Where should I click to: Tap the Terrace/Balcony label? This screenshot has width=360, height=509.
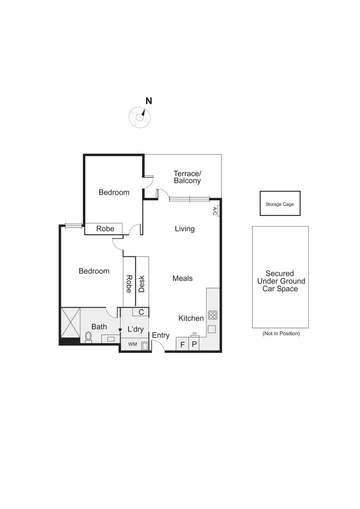click(187, 177)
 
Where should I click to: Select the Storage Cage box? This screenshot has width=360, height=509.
click(280, 204)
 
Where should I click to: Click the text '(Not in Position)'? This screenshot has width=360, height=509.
click(281, 333)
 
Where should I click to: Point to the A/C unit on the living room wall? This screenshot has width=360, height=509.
click(215, 211)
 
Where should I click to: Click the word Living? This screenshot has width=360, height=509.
click(184, 229)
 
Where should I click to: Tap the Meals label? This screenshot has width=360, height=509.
click(182, 279)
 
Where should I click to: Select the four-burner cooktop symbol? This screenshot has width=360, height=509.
click(213, 315)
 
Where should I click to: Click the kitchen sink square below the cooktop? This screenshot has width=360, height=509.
click(212, 329)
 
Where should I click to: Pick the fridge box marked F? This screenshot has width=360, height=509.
click(182, 345)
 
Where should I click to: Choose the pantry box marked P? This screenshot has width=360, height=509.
click(194, 345)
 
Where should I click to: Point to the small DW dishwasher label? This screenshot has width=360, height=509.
click(194, 333)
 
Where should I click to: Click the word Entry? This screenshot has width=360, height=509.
click(161, 335)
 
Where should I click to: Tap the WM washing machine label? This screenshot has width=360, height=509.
click(133, 345)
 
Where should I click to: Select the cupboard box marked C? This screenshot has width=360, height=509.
click(140, 312)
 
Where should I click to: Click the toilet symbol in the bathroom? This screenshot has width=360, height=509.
click(89, 337)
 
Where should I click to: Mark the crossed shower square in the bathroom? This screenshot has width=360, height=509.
click(71, 323)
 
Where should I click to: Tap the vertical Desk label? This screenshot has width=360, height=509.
click(142, 284)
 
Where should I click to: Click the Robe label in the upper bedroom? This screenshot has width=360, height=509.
click(105, 229)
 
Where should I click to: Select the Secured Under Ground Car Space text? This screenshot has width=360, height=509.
click(280, 281)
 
